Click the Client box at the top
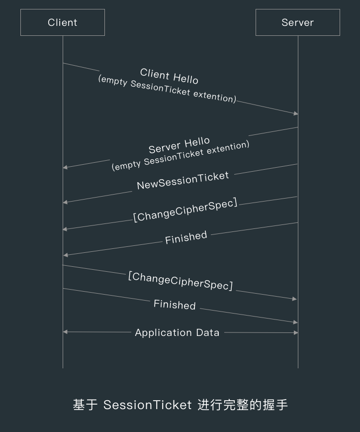(x=63, y=22)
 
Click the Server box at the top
(x=297, y=22)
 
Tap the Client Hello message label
(x=169, y=76)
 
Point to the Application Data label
(x=177, y=332)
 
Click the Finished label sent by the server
(x=186, y=237)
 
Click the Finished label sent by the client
(x=175, y=305)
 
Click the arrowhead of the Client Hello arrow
(x=295, y=113)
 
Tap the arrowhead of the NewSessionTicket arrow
(x=66, y=202)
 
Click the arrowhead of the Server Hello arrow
(x=66, y=167)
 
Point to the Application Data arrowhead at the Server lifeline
(x=295, y=332)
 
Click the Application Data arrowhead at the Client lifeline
(x=66, y=332)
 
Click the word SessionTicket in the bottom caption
(x=147, y=405)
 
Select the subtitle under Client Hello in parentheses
(x=167, y=88)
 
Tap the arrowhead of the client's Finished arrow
(x=295, y=323)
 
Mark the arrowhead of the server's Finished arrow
(x=66, y=255)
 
